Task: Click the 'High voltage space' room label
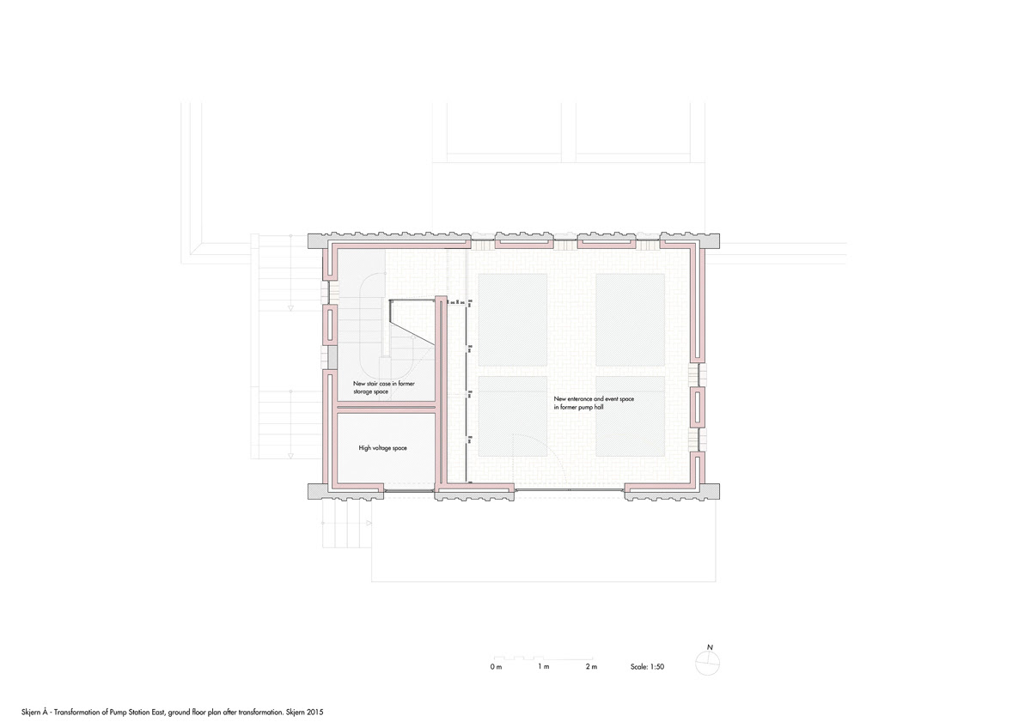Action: [x=382, y=448]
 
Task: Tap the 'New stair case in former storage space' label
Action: [x=383, y=388]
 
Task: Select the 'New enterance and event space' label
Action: [x=594, y=399]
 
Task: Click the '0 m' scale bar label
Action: [x=496, y=667]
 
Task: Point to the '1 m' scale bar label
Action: [x=544, y=667]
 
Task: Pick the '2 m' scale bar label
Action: [x=591, y=667]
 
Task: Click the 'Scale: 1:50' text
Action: [x=647, y=667]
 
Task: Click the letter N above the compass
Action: [x=710, y=647]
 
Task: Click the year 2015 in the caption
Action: [x=316, y=713]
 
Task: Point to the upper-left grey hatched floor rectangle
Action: [x=513, y=320]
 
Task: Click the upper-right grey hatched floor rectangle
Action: [x=630, y=320]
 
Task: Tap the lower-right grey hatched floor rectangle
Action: [x=630, y=416]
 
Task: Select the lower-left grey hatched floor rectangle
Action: [x=513, y=416]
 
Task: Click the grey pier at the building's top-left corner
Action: [x=318, y=241]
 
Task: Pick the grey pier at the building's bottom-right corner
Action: [x=710, y=491]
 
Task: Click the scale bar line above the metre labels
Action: [x=543, y=658]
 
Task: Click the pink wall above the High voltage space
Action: [x=387, y=407]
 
